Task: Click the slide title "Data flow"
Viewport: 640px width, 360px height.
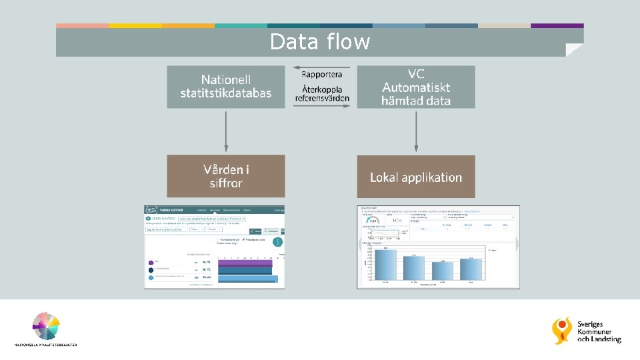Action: (320, 42)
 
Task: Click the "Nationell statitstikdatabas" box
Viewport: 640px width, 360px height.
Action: (226, 87)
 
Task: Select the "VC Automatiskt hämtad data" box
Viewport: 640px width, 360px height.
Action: (416, 87)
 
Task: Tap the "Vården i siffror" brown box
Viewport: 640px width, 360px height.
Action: (226, 176)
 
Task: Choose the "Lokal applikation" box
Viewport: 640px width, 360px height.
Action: (416, 177)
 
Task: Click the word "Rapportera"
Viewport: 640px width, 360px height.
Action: (322, 74)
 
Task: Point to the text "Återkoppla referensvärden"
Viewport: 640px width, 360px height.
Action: (322, 93)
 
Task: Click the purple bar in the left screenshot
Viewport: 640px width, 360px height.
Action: (245, 263)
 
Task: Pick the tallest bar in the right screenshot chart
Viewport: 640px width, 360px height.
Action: (385, 264)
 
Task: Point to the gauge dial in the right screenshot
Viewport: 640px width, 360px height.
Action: (373, 219)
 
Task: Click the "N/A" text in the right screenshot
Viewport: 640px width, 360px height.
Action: (398, 220)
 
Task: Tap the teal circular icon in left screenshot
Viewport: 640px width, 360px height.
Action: (278, 243)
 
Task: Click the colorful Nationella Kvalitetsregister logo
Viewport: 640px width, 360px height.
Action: (46, 327)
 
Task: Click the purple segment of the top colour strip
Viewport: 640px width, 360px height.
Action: (557, 25)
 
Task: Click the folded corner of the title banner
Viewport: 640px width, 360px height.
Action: (574, 50)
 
